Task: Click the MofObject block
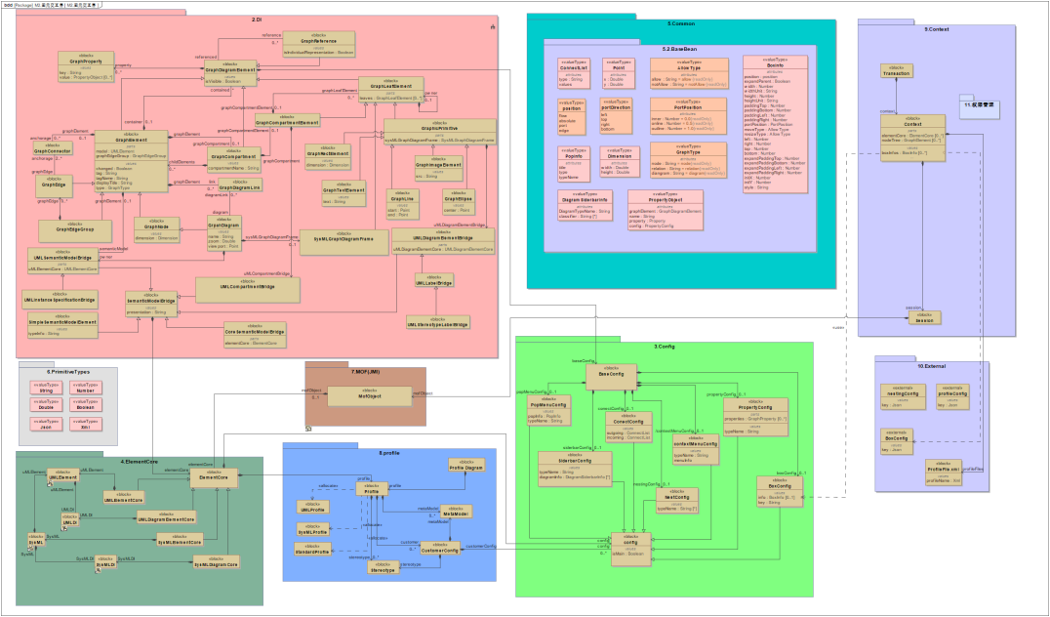point(367,394)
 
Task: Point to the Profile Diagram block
point(466,468)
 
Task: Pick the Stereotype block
point(384,567)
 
